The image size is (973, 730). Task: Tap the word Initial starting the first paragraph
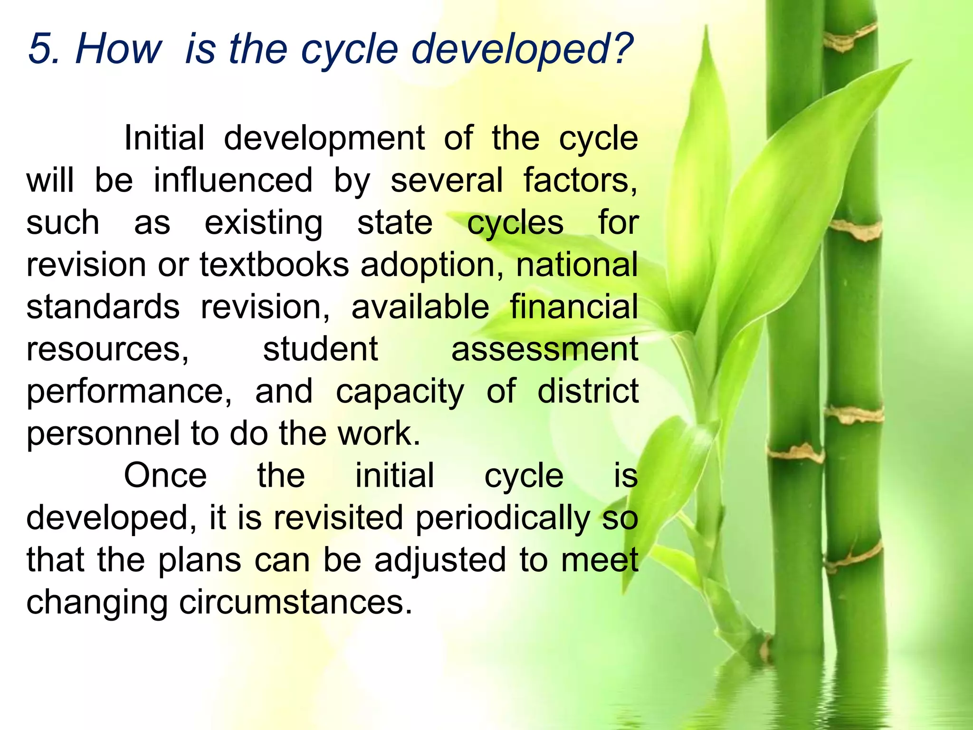(164, 138)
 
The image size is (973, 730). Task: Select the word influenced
(233, 181)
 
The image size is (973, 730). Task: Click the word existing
(263, 223)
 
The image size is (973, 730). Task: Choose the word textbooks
(274, 265)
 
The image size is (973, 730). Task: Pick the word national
(577, 265)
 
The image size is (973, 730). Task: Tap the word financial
(574, 307)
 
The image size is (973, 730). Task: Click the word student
(320, 349)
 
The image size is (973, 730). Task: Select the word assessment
(544, 349)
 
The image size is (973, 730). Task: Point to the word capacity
(400, 392)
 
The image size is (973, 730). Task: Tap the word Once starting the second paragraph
(165, 475)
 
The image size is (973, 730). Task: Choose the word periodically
(503, 518)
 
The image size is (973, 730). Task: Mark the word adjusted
(440, 560)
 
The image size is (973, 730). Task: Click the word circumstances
(295, 602)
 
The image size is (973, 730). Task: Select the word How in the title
(119, 49)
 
